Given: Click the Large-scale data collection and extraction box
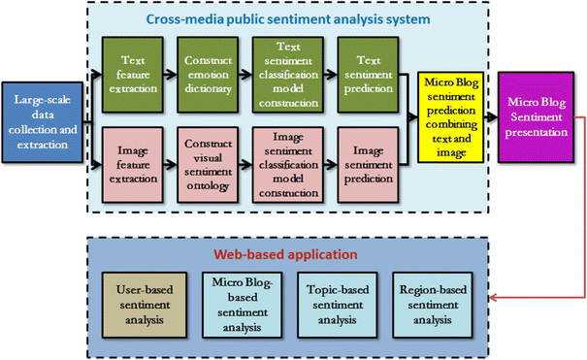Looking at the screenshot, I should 43,123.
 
